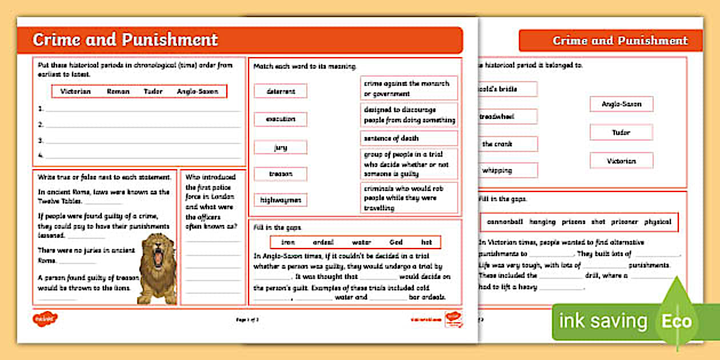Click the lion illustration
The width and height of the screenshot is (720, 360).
click(158, 267)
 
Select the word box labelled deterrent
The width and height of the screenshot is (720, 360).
click(281, 91)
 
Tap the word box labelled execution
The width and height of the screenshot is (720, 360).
click(281, 119)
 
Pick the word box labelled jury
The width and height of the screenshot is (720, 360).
click(281, 147)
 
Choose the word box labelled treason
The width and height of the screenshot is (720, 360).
click(281, 174)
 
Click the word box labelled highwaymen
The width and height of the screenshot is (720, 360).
click(281, 200)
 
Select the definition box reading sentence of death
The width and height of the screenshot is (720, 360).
click(409, 138)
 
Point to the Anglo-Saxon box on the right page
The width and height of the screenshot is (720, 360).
click(621, 104)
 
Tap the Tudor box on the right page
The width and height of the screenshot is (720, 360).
click(621, 133)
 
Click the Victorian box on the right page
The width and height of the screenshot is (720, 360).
click(621, 161)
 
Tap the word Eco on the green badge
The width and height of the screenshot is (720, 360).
click(677, 321)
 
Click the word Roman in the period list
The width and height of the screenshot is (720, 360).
click(118, 91)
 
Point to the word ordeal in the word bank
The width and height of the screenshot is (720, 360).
click(323, 242)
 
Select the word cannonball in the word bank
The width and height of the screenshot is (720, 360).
click(505, 222)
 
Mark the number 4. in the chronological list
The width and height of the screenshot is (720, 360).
click(41, 155)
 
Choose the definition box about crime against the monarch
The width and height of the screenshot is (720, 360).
click(409, 88)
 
